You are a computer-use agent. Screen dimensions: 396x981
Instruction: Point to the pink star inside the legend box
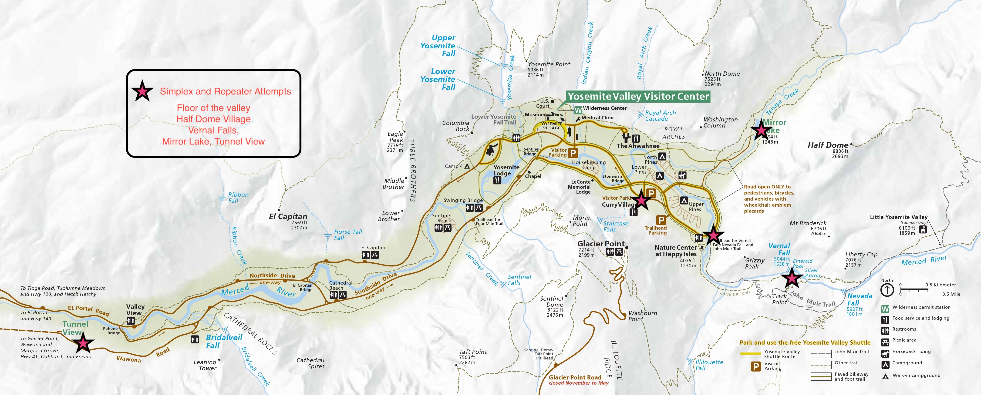point(142,91)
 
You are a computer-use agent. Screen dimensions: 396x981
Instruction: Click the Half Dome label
point(828,145)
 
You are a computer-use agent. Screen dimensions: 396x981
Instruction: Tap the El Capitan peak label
point(288,216)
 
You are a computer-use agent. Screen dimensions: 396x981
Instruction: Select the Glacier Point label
point(601,244)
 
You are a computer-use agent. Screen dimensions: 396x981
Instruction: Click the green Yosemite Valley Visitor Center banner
point(638,96)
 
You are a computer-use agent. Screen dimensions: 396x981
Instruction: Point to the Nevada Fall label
point(860,299)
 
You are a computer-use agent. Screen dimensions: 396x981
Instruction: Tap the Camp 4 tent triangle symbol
point(467,166)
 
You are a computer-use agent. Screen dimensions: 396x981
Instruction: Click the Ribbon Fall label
point(238,197)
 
